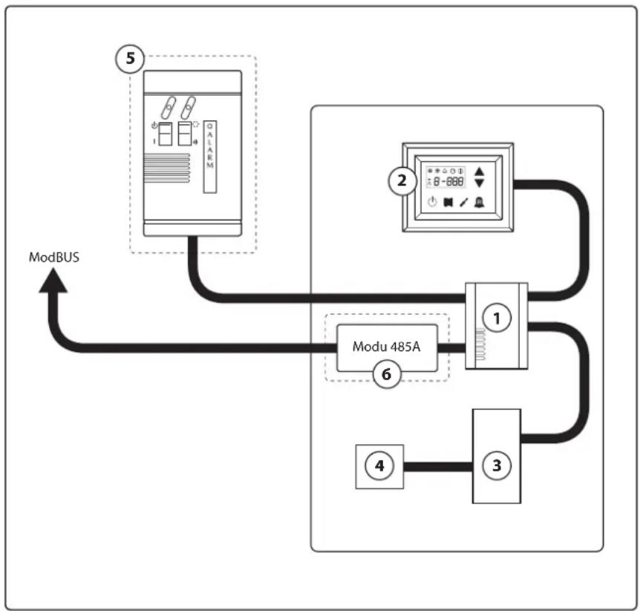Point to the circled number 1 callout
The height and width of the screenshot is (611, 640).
click(x=496, y=317)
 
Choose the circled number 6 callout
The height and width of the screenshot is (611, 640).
click(x=385, y=375)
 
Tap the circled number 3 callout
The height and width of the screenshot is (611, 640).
click(x=496, y=465)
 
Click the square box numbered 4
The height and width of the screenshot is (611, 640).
click(x=379, y=466)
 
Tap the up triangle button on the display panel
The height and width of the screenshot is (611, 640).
click(x=480, y=170)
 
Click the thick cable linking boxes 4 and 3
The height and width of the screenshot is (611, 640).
click(x=438, y=467)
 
